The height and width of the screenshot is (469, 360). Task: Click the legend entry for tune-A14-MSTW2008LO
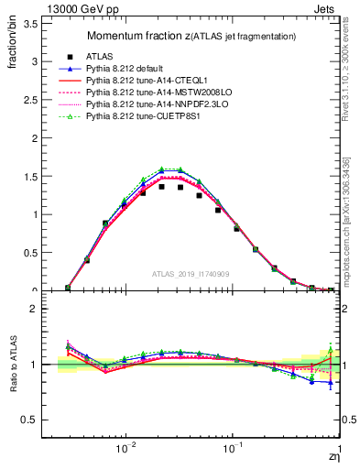tap(156, 93)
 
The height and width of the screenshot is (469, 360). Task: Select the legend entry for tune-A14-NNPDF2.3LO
tap(155, 105)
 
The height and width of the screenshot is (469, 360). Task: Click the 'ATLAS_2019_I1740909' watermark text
tap(191, 274)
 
